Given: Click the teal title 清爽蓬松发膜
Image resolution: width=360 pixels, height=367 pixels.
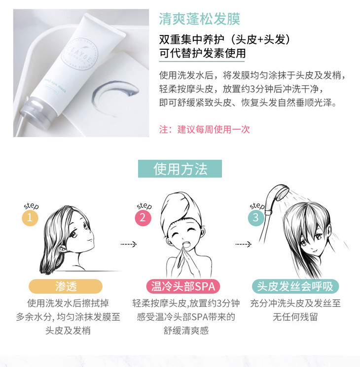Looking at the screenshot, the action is click(x=199, y=19).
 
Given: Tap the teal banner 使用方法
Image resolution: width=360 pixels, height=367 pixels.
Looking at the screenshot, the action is click(x=180, y=169).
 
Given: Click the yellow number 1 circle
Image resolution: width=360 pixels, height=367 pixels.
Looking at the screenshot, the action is click(x=30, y=218).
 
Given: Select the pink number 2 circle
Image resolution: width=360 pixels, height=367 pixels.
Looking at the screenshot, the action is click(x=143, y=218).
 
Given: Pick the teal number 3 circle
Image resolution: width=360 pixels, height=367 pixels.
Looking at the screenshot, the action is click(x=256, y=218).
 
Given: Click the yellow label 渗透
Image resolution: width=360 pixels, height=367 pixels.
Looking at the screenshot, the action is click(x=66, y=286).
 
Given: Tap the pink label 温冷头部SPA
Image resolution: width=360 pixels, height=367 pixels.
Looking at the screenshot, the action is click(x=183, y=286).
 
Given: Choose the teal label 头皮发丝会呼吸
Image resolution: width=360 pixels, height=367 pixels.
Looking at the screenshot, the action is click(x=295, y=286).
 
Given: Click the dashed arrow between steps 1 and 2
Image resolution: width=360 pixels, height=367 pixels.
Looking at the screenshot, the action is click(x=128, y=244).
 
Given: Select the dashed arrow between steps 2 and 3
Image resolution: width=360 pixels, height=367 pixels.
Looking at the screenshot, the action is click(x=243, y=244).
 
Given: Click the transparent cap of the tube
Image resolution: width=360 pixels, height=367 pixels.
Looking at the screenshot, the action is click(x=38, y=110).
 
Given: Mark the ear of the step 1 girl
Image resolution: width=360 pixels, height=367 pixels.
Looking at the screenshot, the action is click(x=62, y=247).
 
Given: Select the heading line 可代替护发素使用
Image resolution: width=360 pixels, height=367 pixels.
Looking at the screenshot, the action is click(x=202, y=53).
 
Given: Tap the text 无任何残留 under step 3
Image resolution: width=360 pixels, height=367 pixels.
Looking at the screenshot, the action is click(x=295, y=317).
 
